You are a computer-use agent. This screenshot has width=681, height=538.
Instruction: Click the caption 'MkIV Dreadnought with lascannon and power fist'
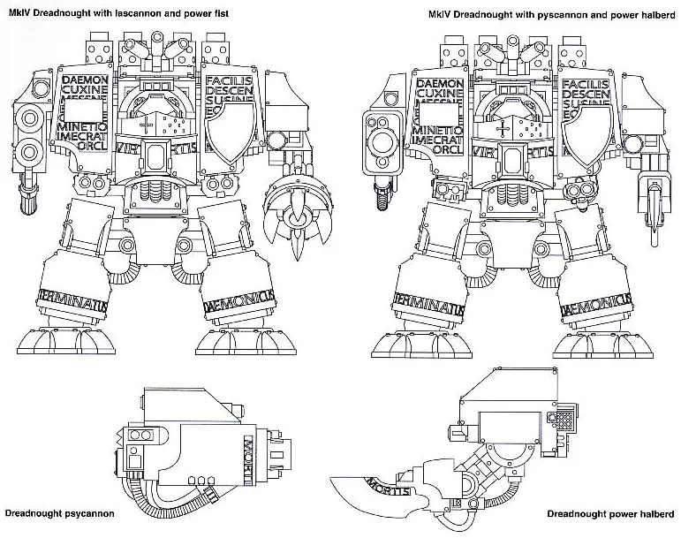(x=118, y=13)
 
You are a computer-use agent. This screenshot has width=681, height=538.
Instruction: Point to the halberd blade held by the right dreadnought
(x=655, y=212)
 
